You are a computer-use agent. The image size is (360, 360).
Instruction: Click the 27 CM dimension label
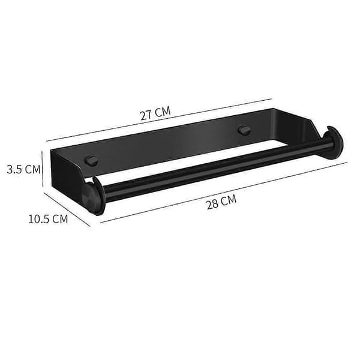point(155,113)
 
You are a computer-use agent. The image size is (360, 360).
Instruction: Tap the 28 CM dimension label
point(221,202)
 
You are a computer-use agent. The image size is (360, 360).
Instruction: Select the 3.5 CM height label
point(23,169)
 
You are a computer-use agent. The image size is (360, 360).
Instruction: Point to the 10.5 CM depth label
point(48,219)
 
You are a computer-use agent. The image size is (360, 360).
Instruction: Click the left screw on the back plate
point(92,160)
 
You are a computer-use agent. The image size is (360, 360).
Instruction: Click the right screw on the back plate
point(244,130)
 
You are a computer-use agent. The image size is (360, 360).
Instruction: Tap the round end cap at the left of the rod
point(93,196)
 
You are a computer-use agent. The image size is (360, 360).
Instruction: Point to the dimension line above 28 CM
point(224,193)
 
